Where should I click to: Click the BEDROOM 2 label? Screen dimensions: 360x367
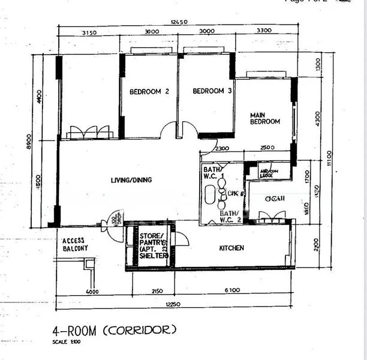point(149,92)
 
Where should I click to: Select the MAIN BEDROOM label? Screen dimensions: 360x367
point(264,118)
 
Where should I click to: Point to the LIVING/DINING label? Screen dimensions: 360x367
point(131,179)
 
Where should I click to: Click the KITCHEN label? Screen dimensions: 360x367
point(231,248)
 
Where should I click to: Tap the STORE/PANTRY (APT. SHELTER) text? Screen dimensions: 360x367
point(152,245)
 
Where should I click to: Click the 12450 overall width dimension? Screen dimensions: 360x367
point(179,23)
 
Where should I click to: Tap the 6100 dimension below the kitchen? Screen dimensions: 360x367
point(233,291)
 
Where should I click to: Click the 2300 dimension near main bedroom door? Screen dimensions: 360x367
point(222,148)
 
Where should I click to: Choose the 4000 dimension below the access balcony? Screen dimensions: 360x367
point(92,291)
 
